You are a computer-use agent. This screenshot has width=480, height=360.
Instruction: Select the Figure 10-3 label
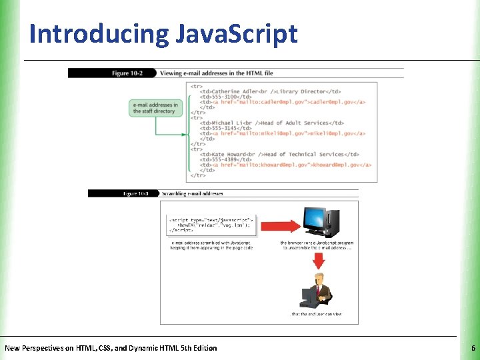135,193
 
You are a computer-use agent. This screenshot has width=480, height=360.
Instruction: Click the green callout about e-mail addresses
155,108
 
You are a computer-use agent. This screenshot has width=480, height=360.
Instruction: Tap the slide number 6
473,348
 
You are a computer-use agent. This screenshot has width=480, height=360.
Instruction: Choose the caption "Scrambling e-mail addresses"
193,193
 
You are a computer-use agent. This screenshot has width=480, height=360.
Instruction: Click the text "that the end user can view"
317,313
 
